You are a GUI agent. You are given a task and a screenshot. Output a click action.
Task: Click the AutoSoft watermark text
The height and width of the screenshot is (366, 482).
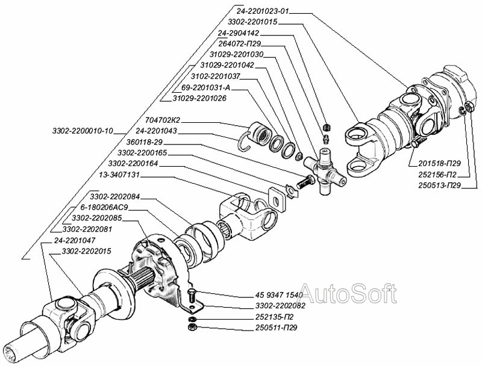pyautogui.click(x=348, y=294)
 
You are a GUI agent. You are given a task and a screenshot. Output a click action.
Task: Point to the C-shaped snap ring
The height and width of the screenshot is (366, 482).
pyautogui.click(x=245, y=138)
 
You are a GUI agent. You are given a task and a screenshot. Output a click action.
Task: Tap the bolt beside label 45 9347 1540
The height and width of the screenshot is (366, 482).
pyautogui.click(x=191, y=294)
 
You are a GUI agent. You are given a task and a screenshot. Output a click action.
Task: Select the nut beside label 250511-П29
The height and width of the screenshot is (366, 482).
pyautogui.click(x=192, y=328)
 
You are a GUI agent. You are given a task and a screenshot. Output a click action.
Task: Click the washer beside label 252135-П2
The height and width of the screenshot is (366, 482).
pyautogui.click(x=192, y=317)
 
